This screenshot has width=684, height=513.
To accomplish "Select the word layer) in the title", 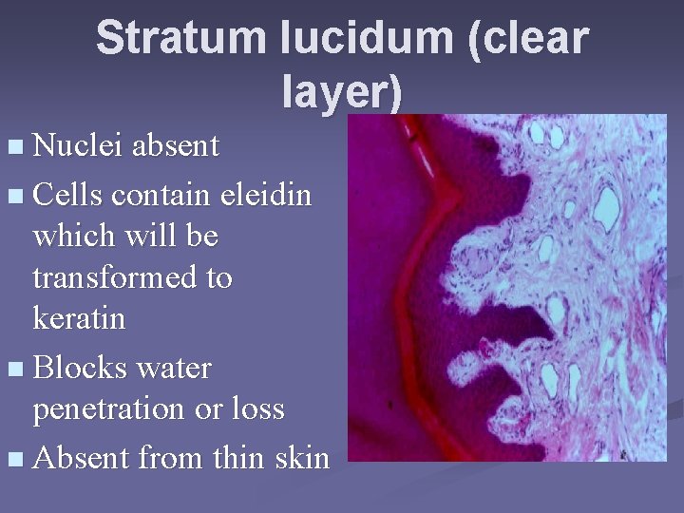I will [x=343, y=92].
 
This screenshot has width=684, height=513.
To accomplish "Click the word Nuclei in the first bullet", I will [x=79, y=146].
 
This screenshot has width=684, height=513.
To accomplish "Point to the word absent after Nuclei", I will [x=176, y=146].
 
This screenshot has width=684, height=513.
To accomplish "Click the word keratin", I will [x=79, y=318].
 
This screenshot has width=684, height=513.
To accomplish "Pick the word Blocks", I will [x=81, y=367].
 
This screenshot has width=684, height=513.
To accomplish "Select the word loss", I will [x=259, y=409].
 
